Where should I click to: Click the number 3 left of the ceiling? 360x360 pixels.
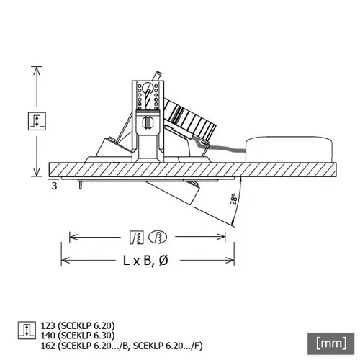[x=55, y=186]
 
